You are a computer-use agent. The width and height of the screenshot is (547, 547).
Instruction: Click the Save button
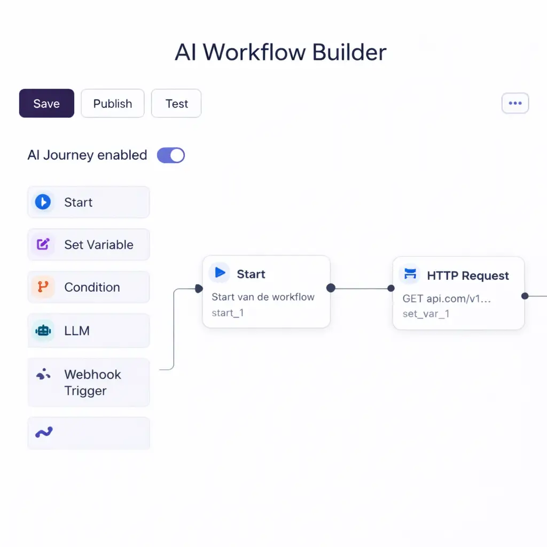click(x=46, y=103)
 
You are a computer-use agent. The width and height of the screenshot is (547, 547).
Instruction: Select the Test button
click(x=176, y=103)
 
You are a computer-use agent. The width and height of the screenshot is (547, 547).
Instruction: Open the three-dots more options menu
click(x=515, y=103)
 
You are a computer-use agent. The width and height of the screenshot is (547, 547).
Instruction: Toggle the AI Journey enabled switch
click(x=171, y=155)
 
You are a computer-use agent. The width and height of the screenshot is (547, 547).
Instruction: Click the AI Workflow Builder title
click(x=280, y=52)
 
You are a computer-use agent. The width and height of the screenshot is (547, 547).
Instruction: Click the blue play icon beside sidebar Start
click(x=43, y=202)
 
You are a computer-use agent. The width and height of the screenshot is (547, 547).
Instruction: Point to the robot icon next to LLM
click(x=43, y=331)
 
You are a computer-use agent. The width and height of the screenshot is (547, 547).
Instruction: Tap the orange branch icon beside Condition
click(x=43, y=287)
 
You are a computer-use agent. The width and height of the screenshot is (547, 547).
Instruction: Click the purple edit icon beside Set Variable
click(x=43, y=245)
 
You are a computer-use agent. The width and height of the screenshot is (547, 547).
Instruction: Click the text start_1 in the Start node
click(x=228, y=312)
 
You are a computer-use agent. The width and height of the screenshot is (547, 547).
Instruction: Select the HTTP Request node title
click(x=468, y=276)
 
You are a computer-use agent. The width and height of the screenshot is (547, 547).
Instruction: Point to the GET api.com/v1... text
click(x=447, y=299)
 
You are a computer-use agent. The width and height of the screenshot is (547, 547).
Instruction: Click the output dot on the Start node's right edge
click(x=331, y=288)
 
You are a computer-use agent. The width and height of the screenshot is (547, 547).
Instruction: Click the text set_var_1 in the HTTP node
click(x=426, y=314)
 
